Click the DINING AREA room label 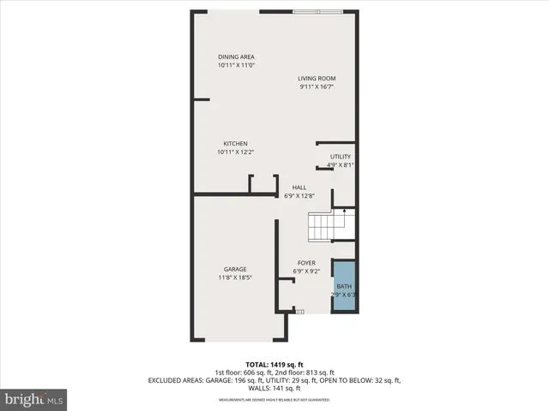tap(236, 57)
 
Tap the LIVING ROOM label tap(316, 78)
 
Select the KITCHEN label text tap(236, 144)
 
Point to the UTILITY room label tap(341, 157)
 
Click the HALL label tap(299, 188)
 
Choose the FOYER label tap(306, 263)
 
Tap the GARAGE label tap(236, 270)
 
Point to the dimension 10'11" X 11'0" tap(236, 65)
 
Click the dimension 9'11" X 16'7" tap(316, 86)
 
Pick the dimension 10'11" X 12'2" tap(236, 152)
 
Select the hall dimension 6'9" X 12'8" tap(299, 196)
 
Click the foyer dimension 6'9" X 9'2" tap(306, 271)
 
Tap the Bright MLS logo tap(34, 399)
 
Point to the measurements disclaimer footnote tap(274, 400)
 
